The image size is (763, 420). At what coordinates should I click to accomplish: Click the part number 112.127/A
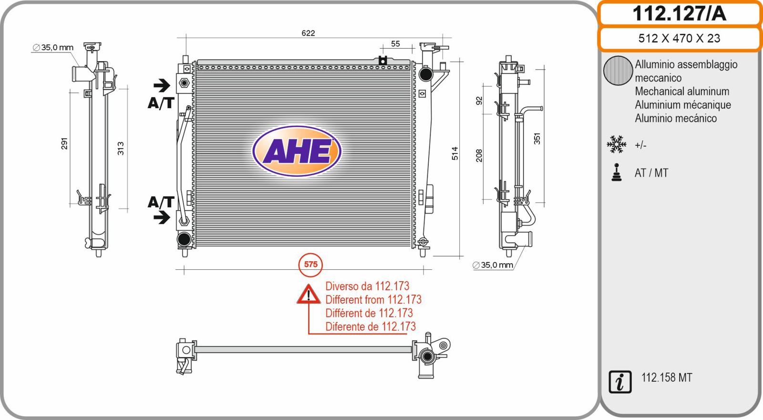[679, 14]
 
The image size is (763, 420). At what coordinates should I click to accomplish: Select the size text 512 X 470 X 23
[679, 38]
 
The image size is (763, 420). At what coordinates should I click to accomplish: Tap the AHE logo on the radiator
[297, 151]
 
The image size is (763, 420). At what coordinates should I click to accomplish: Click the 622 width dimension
[308, 33]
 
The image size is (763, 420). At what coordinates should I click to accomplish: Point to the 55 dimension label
[395, 43]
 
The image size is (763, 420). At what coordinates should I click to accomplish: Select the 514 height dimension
[455, 154]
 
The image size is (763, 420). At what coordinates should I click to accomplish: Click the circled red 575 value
[310, 264]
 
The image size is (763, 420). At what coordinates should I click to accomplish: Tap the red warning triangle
[309, 294]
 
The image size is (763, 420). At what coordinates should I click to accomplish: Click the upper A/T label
[161, 103]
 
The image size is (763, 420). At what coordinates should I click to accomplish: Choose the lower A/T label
[161, 202]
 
